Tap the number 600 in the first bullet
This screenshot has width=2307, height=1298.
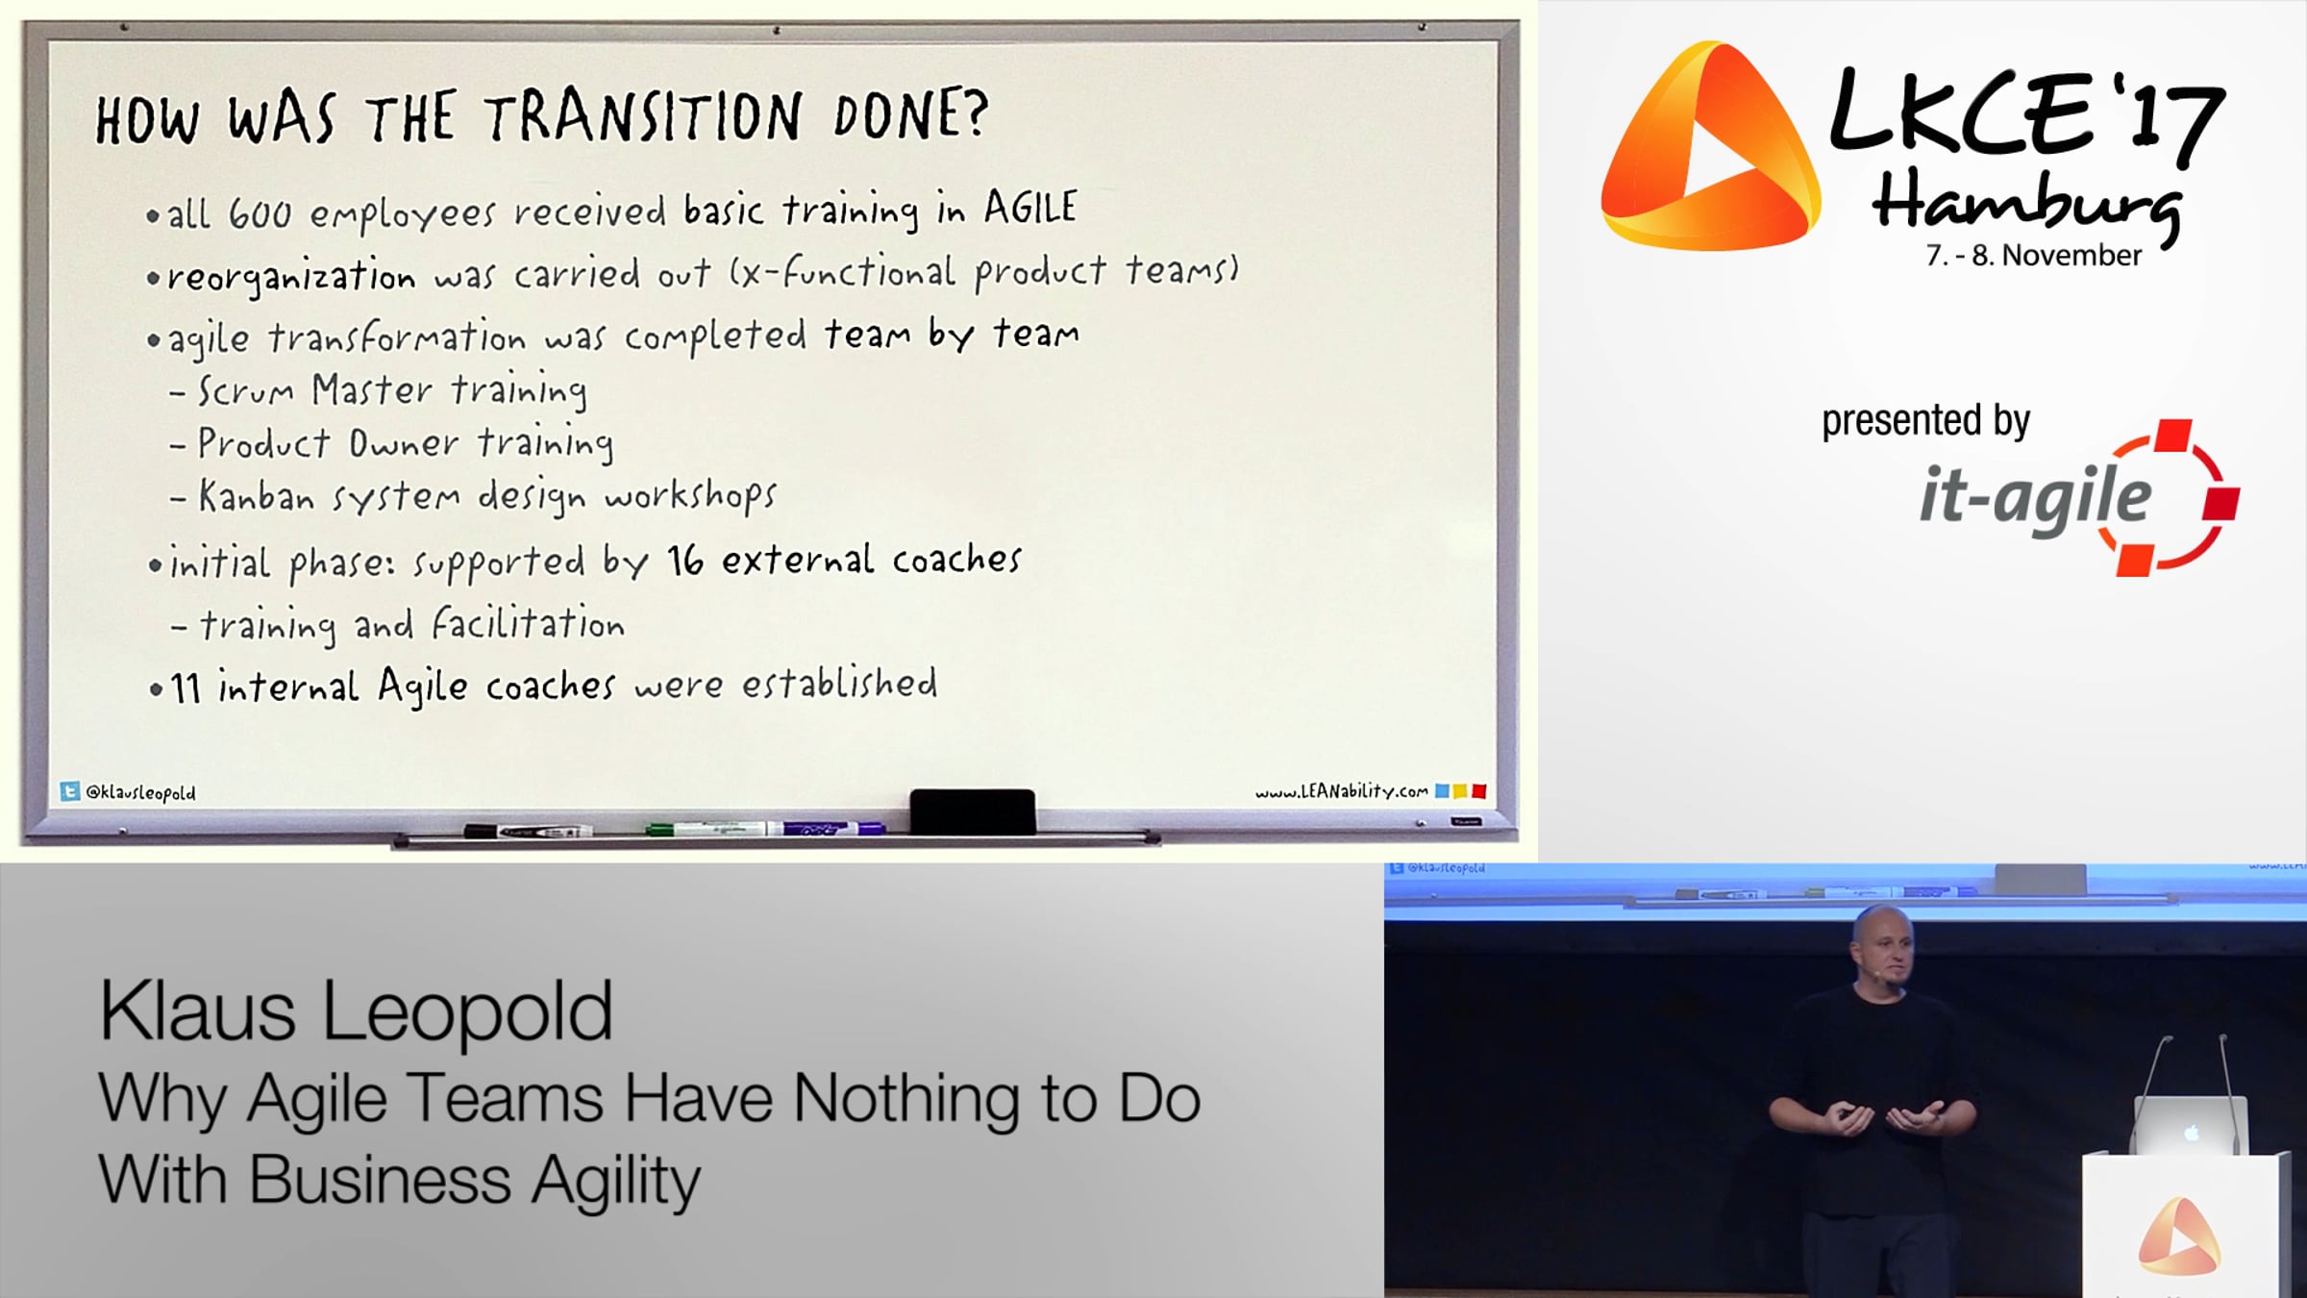pyautogui.click(x=260, y=213)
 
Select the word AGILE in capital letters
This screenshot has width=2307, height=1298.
pyautogui.click(x=1029, y=208)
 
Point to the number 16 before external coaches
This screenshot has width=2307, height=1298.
pyautogui.click(x=685, y=560)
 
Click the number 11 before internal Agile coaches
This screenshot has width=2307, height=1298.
pyautogui.click(x=186, y=688)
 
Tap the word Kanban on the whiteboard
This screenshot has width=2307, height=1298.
pyautogui.click(x=257, y=496)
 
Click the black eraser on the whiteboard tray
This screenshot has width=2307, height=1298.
pyautogui.click(x=972, y=811)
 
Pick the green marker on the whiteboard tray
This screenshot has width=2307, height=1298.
pyautogui.click(x=707, y=828)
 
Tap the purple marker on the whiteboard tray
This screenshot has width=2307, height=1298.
pyautogui.click(x=833, y=828)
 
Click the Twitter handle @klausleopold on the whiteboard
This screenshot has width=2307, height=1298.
pyautogui.click(x=140, y=792)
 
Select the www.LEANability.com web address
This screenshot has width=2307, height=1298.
pyautogui.click(x=1341, y=791)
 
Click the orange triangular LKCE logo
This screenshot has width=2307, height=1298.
pyautogui.click(x=1711, y=146)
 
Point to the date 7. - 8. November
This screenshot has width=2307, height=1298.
pyautogui.click(x=2033, y=256)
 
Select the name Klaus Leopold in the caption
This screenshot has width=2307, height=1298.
pyautogui.click(x=356, y=1011)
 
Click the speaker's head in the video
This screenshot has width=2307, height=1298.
pyautogui.click(x=1881, y=945)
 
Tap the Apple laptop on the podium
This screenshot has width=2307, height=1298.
pyautogui.click(x=2190, y=1125)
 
